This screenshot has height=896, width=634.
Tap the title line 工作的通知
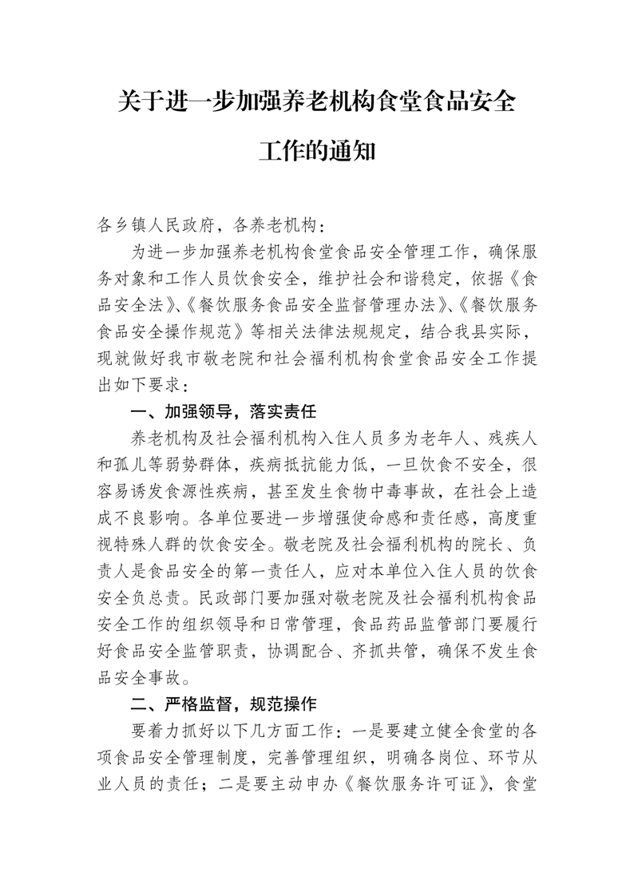pos(316,151)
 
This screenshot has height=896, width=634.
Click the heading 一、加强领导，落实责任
pos(224,412)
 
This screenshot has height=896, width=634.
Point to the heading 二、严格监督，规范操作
pos(224,704)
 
